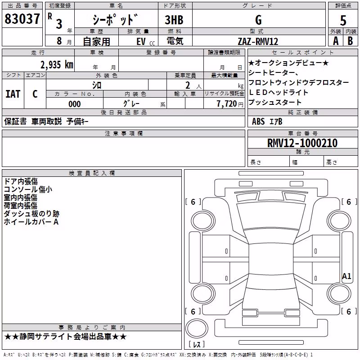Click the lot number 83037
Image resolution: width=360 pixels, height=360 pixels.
click(x=22, y=19)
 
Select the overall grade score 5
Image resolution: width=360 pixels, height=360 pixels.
click(x=343, y=20)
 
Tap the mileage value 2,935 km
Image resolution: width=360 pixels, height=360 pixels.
click(x=57, y=65)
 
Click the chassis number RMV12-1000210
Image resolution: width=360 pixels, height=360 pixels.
click(x=302, y=143)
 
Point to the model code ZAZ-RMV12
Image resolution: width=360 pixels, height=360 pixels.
click(x=258, y=41)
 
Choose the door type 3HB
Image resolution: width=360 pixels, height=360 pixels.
click(x=174, y=20)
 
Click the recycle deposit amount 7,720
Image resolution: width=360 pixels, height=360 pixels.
click(x=227, y=104)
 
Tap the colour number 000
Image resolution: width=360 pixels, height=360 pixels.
click(x=75, y=104)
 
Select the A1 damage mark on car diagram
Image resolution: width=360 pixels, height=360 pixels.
click(x=346, y=276)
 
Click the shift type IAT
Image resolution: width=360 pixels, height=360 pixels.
click(x=13, y=94)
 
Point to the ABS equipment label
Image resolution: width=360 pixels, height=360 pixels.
click(x=258, y=121)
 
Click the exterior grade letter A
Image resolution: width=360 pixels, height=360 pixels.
click(x=336, y=41)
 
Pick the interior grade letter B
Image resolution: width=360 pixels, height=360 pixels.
click(x=350, y=41)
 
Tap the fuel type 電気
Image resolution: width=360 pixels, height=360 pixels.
click(x=175, y=41)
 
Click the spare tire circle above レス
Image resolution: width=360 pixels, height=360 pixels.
click(x=197, y=328)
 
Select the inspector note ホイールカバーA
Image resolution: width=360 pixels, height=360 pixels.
click(x=31, y=222)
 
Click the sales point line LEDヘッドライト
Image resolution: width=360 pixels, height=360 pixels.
click(x=278, y=92)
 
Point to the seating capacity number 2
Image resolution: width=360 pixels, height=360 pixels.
click(x=188, y=85)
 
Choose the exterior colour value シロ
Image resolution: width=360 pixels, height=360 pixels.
click(x=97, y=85)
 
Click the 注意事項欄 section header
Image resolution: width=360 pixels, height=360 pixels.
click(x=124, y=133)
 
